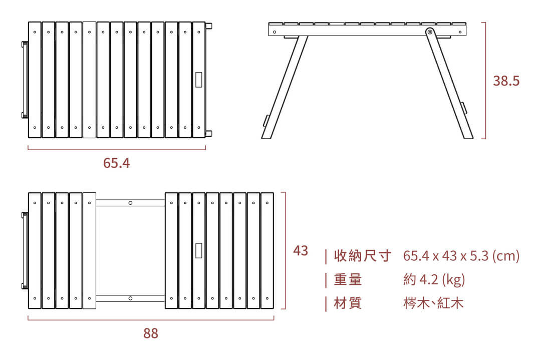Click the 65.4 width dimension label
(116, 163)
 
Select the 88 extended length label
(150, 333)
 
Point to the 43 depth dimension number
(301, 251)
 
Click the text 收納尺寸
(362, 256)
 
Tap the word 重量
(348, 279)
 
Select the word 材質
(348, 303)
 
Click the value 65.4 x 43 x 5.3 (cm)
(461, 256)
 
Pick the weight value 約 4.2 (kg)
(434, 279)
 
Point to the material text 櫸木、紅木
(433, 303)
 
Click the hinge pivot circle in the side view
(429, 32)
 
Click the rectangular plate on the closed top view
(198, 80)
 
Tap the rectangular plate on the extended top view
(198, 250)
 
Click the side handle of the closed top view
(24, 80)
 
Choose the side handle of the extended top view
(24, 251)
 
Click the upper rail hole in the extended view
(130, 203)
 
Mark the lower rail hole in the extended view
(130, 298)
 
